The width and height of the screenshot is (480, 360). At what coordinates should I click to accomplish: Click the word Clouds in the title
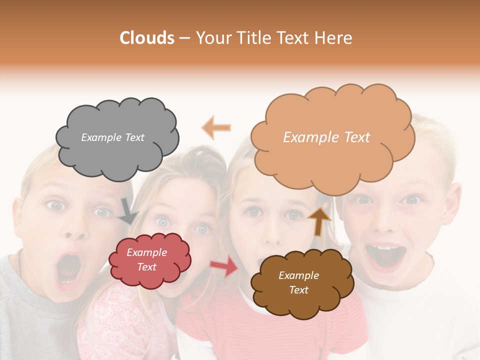pyautogui.click(x=147, y=38)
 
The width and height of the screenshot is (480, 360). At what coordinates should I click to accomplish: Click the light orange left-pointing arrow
pyautogui.click(x=216, y=127)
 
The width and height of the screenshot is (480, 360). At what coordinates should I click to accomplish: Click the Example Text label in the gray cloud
pyautogui.click(x=112, y=137)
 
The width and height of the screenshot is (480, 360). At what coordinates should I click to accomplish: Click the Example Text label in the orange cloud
pyautogui.click(x=326, y=137)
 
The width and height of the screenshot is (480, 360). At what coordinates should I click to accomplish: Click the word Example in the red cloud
pyautogui.click(x=147, y=252)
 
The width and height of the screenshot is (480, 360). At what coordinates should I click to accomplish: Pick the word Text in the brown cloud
pyautogui.click(x=298, y=290)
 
